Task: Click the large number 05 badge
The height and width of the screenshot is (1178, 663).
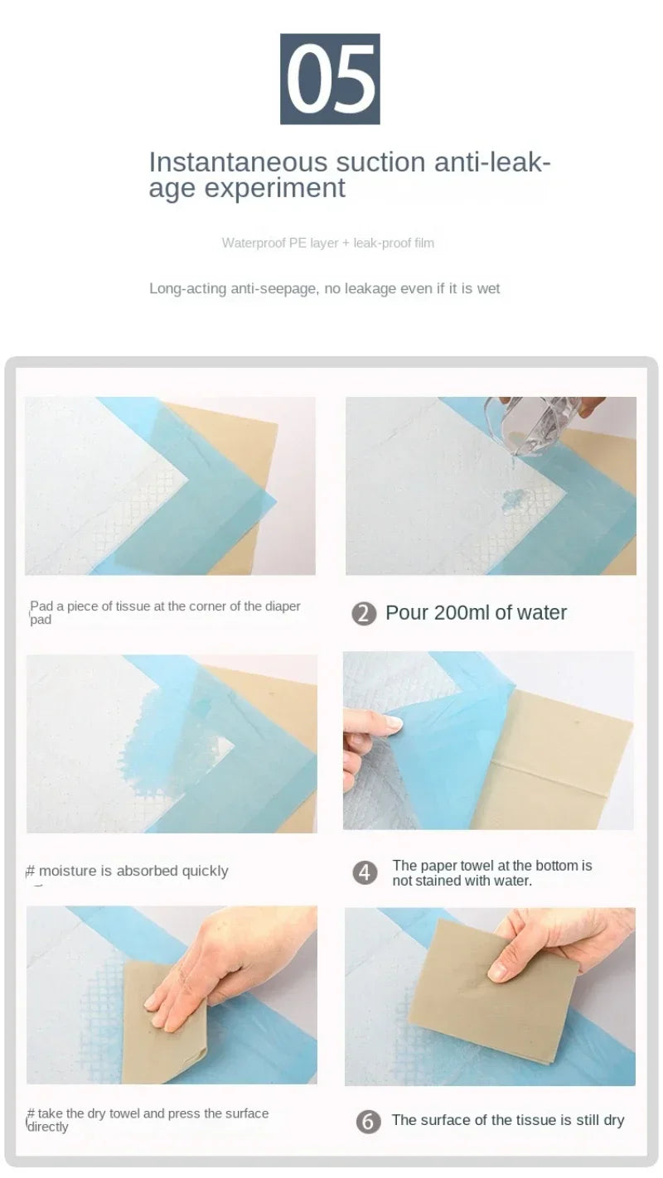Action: click(x=330, y=79)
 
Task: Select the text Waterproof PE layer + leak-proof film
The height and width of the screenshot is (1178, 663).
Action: click(x=327, y=243)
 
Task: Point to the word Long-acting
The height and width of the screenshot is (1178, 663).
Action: click(x=187, y=288)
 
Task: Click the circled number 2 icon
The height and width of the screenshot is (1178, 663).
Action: click(x=364, y=614)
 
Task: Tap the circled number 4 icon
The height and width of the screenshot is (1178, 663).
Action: click(x=364, y=873)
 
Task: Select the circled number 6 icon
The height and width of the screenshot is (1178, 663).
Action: click(x=368, y=1122)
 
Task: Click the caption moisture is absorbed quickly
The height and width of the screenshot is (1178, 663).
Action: click(x=133, y=871)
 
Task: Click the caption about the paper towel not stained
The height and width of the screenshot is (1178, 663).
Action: click(x=492, y=873)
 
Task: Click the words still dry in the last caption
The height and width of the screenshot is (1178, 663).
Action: click(x=600, y=1121)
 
